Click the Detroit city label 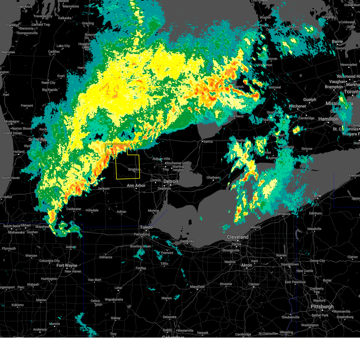[171, 181]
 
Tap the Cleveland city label [238, 237]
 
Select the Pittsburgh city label [322, 307]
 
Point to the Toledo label [146, 227]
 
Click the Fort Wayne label [67, 265]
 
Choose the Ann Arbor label [136, 186]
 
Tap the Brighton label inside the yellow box [134, 169]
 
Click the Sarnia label [208, 142]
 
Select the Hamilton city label [328, 119]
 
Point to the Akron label [247, 265]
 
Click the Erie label [317, 196]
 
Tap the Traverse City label [43, 16]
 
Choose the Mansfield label [197, 287]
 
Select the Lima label [118, 288]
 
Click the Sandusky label [187, 241]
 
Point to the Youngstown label [289, 264]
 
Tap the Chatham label [213, 178]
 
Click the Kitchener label [298, 106]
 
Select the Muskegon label [12, 121]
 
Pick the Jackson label [103, 189]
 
